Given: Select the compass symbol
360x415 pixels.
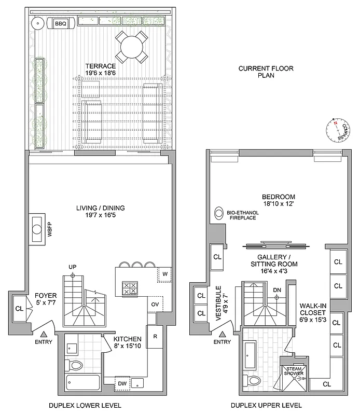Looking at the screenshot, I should point(337,131).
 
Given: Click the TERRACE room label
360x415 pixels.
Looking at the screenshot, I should point(101,66).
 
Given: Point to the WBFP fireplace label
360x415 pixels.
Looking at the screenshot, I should point(50,229).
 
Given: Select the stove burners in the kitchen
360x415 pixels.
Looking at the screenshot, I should point(129,288).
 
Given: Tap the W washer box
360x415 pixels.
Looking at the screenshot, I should point(164,273).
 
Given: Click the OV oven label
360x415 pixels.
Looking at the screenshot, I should point(155,304).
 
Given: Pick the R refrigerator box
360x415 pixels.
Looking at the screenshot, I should point(155,336).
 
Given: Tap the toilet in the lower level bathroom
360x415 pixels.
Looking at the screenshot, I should point(76,367).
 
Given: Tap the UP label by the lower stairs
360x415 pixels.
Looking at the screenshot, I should point(73,267).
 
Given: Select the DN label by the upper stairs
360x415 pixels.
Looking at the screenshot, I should point(277,290).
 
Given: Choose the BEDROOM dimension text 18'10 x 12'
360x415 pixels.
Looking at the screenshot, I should point(278,204).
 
